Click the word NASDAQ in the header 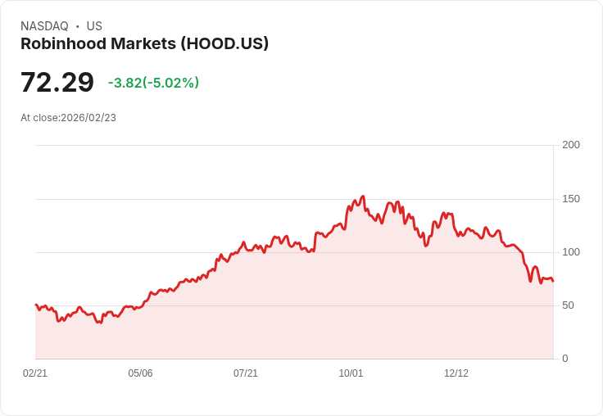[44, 26]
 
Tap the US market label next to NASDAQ [94, 26]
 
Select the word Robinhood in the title [60, 43]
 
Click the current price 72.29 [57, 83]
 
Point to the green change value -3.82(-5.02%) [153, 83]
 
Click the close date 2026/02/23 [88, 118]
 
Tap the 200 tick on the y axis [571, 145]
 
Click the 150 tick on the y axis [571, 199]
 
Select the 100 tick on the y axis [571, 252]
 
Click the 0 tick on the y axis [565, 359]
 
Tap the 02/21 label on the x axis [35, 373]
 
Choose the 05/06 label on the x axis [140, 373]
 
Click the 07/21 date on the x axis [246, 373]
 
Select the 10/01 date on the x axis [351, 373]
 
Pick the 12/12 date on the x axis [456, 373]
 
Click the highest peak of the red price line [363, 197]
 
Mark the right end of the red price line [553, 282]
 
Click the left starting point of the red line [35, 305]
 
